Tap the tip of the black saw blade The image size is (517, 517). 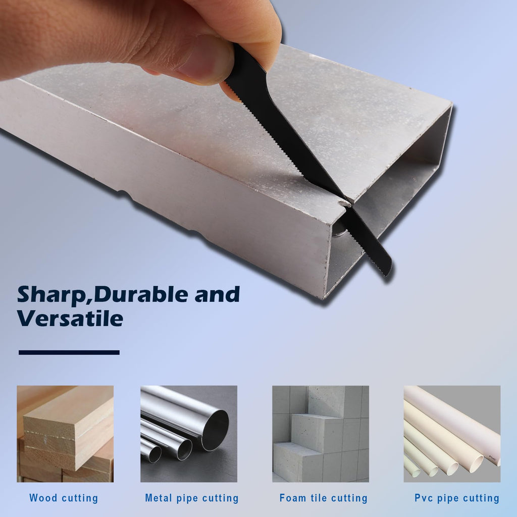388,272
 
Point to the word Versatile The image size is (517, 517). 70,318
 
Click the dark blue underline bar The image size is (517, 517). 69,352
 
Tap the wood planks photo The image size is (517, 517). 65,434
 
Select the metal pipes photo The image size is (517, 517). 189,434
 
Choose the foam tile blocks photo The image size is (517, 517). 321,434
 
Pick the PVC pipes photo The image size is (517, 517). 452,434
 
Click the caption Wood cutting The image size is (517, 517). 64,498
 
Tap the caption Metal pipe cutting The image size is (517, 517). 192,498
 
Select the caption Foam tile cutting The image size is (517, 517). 324,498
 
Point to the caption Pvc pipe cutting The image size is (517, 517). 457,498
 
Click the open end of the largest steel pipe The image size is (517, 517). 215,430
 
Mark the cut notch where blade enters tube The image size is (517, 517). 344,202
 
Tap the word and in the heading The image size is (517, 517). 217,294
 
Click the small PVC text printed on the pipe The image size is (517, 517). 492,458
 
